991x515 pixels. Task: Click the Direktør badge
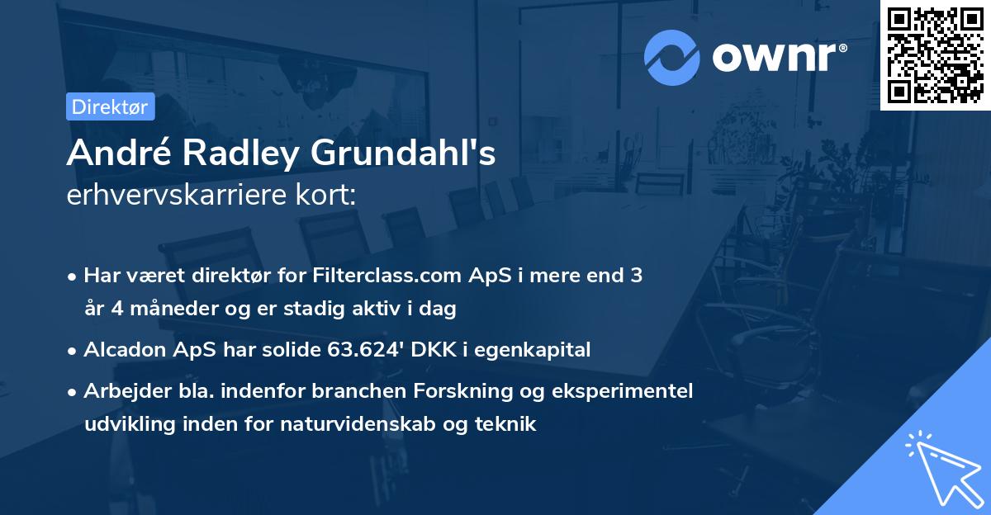coord(110,106)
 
